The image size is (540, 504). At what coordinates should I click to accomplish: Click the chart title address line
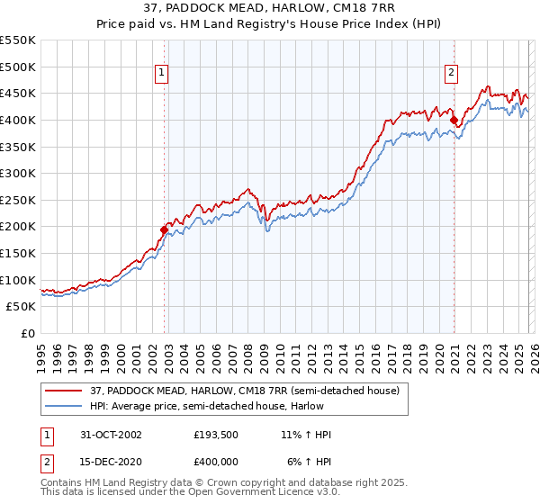coord(269,9)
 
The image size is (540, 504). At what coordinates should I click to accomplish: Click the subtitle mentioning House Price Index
coord(269,24)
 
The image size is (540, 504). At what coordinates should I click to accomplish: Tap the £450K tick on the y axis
coord(18,93)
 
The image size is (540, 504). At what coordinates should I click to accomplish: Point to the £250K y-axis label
coord(18,200)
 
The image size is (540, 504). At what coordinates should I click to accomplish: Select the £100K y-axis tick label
coord(18,280)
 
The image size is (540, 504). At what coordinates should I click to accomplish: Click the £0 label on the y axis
coord(28,334)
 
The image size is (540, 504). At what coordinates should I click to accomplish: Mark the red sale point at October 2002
coord(165,229)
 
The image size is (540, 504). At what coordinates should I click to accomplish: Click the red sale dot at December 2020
coord(454,120)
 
